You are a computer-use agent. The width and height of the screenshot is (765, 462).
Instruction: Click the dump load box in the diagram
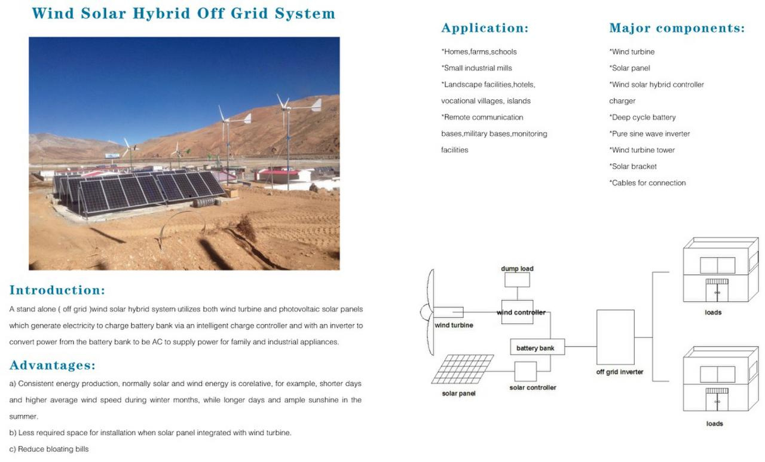(517, 280)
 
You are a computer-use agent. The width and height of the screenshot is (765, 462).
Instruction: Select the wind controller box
(517, 312)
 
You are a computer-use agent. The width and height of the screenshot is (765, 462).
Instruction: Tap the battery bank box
(537, 347)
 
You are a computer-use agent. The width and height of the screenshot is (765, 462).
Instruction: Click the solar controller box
(525, 372)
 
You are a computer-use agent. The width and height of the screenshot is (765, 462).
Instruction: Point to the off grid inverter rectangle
(616, 337)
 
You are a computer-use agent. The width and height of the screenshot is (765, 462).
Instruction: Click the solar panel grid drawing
(463, 369)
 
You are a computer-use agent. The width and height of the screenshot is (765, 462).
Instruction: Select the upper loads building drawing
(721, 270)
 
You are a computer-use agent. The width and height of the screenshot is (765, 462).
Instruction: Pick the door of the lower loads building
(717, 399)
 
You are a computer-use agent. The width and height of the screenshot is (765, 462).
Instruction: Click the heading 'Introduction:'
(57, 290)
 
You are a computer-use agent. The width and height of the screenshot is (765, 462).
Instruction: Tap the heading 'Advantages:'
(52, 365)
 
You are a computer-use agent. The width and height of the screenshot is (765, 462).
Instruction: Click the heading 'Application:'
(485, 28)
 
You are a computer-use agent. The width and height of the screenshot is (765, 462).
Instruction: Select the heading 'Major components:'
(677, 28)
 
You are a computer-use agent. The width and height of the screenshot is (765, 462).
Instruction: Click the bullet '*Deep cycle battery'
(642, 118)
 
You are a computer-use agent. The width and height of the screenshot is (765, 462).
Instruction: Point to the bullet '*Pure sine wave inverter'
(650, 134)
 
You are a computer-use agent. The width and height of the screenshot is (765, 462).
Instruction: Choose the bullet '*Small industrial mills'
(476, 68)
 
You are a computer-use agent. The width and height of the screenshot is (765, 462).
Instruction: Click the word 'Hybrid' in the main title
(161, 14)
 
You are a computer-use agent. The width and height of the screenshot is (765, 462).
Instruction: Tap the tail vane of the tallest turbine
(317, 105)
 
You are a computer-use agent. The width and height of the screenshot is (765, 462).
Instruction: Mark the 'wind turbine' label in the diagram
(454, 325)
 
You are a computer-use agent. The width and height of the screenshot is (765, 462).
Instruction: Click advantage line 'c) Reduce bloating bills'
(49, 449)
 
